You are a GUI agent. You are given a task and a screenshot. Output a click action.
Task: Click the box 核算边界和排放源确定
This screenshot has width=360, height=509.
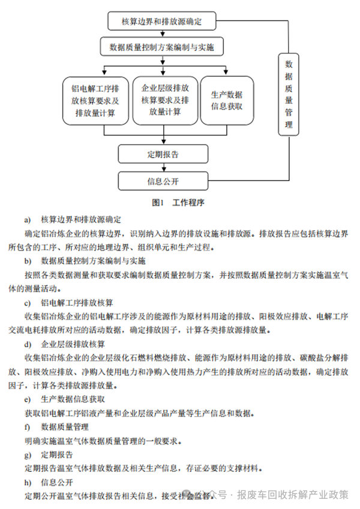161,22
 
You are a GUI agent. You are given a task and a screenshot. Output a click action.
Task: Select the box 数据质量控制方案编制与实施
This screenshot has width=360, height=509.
161,46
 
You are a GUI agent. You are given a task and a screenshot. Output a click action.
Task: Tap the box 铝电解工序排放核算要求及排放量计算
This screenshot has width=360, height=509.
95,100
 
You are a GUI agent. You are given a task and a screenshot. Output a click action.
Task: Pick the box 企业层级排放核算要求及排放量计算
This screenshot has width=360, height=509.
164,100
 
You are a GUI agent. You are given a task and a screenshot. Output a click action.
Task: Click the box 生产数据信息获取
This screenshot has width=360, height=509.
227,100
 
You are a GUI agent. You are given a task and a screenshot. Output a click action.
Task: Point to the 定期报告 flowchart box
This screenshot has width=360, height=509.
163,154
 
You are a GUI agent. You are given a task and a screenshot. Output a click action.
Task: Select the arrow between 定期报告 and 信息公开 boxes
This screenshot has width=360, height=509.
163,167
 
